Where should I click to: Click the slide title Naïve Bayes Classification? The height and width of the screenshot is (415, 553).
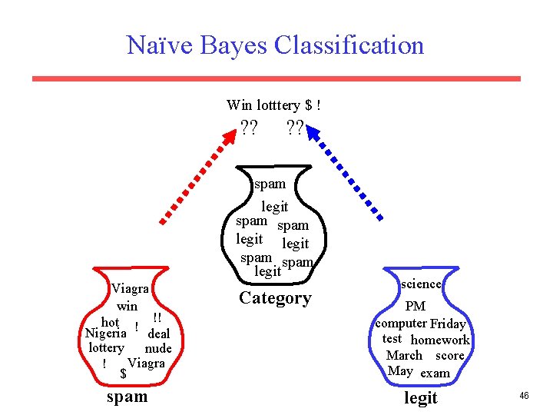(275, 45)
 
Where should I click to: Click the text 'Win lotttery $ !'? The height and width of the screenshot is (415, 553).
(273, 104)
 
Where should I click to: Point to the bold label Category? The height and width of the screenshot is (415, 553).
(275, 298)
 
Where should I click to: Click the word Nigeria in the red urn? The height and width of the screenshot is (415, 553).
(105, 334)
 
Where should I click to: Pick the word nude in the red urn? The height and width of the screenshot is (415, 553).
(157, 348)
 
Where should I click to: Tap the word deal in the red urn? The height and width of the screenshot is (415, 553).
(158, 334)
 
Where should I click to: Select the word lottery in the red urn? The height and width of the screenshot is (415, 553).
(106, 347)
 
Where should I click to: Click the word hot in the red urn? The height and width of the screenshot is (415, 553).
(110, 322)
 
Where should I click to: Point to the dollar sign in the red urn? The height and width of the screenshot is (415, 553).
(123, 374)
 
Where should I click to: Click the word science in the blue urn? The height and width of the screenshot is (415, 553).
(421, 284)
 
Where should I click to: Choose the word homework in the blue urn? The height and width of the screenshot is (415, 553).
(439, 340)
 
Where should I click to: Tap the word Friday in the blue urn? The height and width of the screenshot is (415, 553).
(448, 324)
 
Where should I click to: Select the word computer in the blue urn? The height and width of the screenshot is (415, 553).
(401, 324)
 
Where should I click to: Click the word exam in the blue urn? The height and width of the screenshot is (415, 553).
(435, 373)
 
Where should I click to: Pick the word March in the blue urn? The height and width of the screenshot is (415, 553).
(404, 355)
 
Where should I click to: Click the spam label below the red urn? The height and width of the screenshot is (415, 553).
(127, 397)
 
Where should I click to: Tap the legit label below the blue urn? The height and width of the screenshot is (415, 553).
(420, 397)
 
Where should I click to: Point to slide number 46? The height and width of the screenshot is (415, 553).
(524, 395)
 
